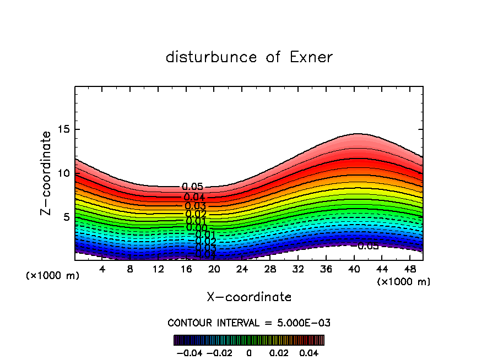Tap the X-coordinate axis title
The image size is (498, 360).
[249, 297]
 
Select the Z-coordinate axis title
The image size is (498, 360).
[46, 173]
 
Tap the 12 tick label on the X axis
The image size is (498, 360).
[158, 269]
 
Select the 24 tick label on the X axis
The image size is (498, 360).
[242, 269]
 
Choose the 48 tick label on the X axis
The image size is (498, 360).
[409, 269]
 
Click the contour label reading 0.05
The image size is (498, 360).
[192, 188]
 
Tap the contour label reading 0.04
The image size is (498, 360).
[194, 197]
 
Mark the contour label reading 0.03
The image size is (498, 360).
[196, 206]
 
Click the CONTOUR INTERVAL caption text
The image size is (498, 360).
[249, 323]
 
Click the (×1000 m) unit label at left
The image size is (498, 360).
[53, 276]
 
